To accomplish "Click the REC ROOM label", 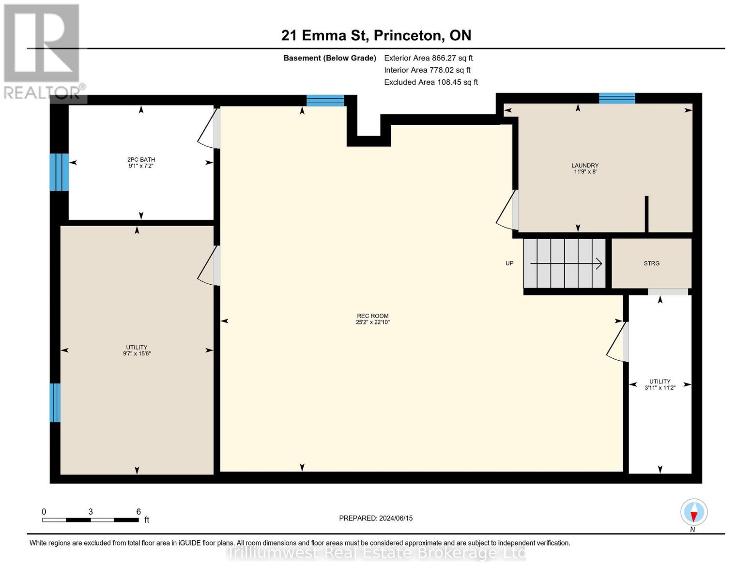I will [x=372, y=316].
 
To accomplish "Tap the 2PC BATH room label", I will [x=141, y=160].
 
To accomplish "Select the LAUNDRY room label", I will [x=585, y=166].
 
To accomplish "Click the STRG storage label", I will [x=651, y=263].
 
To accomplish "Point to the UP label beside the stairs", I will [x=509, y=263].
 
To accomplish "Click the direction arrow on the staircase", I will [x=566, y=264].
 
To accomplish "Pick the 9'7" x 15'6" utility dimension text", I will [x=137, y=354].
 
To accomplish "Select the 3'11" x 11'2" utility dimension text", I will [x=660, y=388].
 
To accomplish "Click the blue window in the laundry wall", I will [x=616, y=98].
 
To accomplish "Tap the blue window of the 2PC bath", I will [x=59, y=172].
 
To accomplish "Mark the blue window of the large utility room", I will [x=55, y=402].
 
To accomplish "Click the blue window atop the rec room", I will [x=325, y=100].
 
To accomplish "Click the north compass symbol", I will [x=693, y=512].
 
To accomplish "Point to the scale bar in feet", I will [x=91, y=520].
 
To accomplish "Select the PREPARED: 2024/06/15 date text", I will [x=376, y=518].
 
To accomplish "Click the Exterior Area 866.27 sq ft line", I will [x=428, y=58].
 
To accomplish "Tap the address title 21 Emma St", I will [x=376, y=35].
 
